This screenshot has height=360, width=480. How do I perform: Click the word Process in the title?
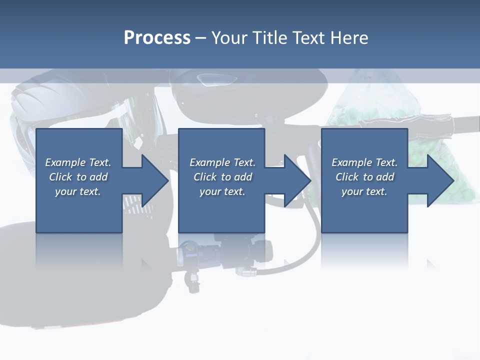click(x=157, y=38)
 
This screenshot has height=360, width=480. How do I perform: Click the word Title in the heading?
click(x=272, y=38)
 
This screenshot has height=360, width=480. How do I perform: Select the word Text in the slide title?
click(x=309, y=38)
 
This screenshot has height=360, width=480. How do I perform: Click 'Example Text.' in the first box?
click(x=78, y=162)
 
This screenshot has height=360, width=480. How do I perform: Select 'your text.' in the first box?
click(x=78, y=191)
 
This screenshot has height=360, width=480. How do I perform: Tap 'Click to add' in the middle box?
click(x=222, y=177)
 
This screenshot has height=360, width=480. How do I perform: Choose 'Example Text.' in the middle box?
click(x=222, y=162)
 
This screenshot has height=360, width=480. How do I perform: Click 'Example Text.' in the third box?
click(x=364, y=162)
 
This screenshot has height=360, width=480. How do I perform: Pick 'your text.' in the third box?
click(x=364, y=191)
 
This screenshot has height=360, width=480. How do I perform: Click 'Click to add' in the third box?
click(x=364, y=177)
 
